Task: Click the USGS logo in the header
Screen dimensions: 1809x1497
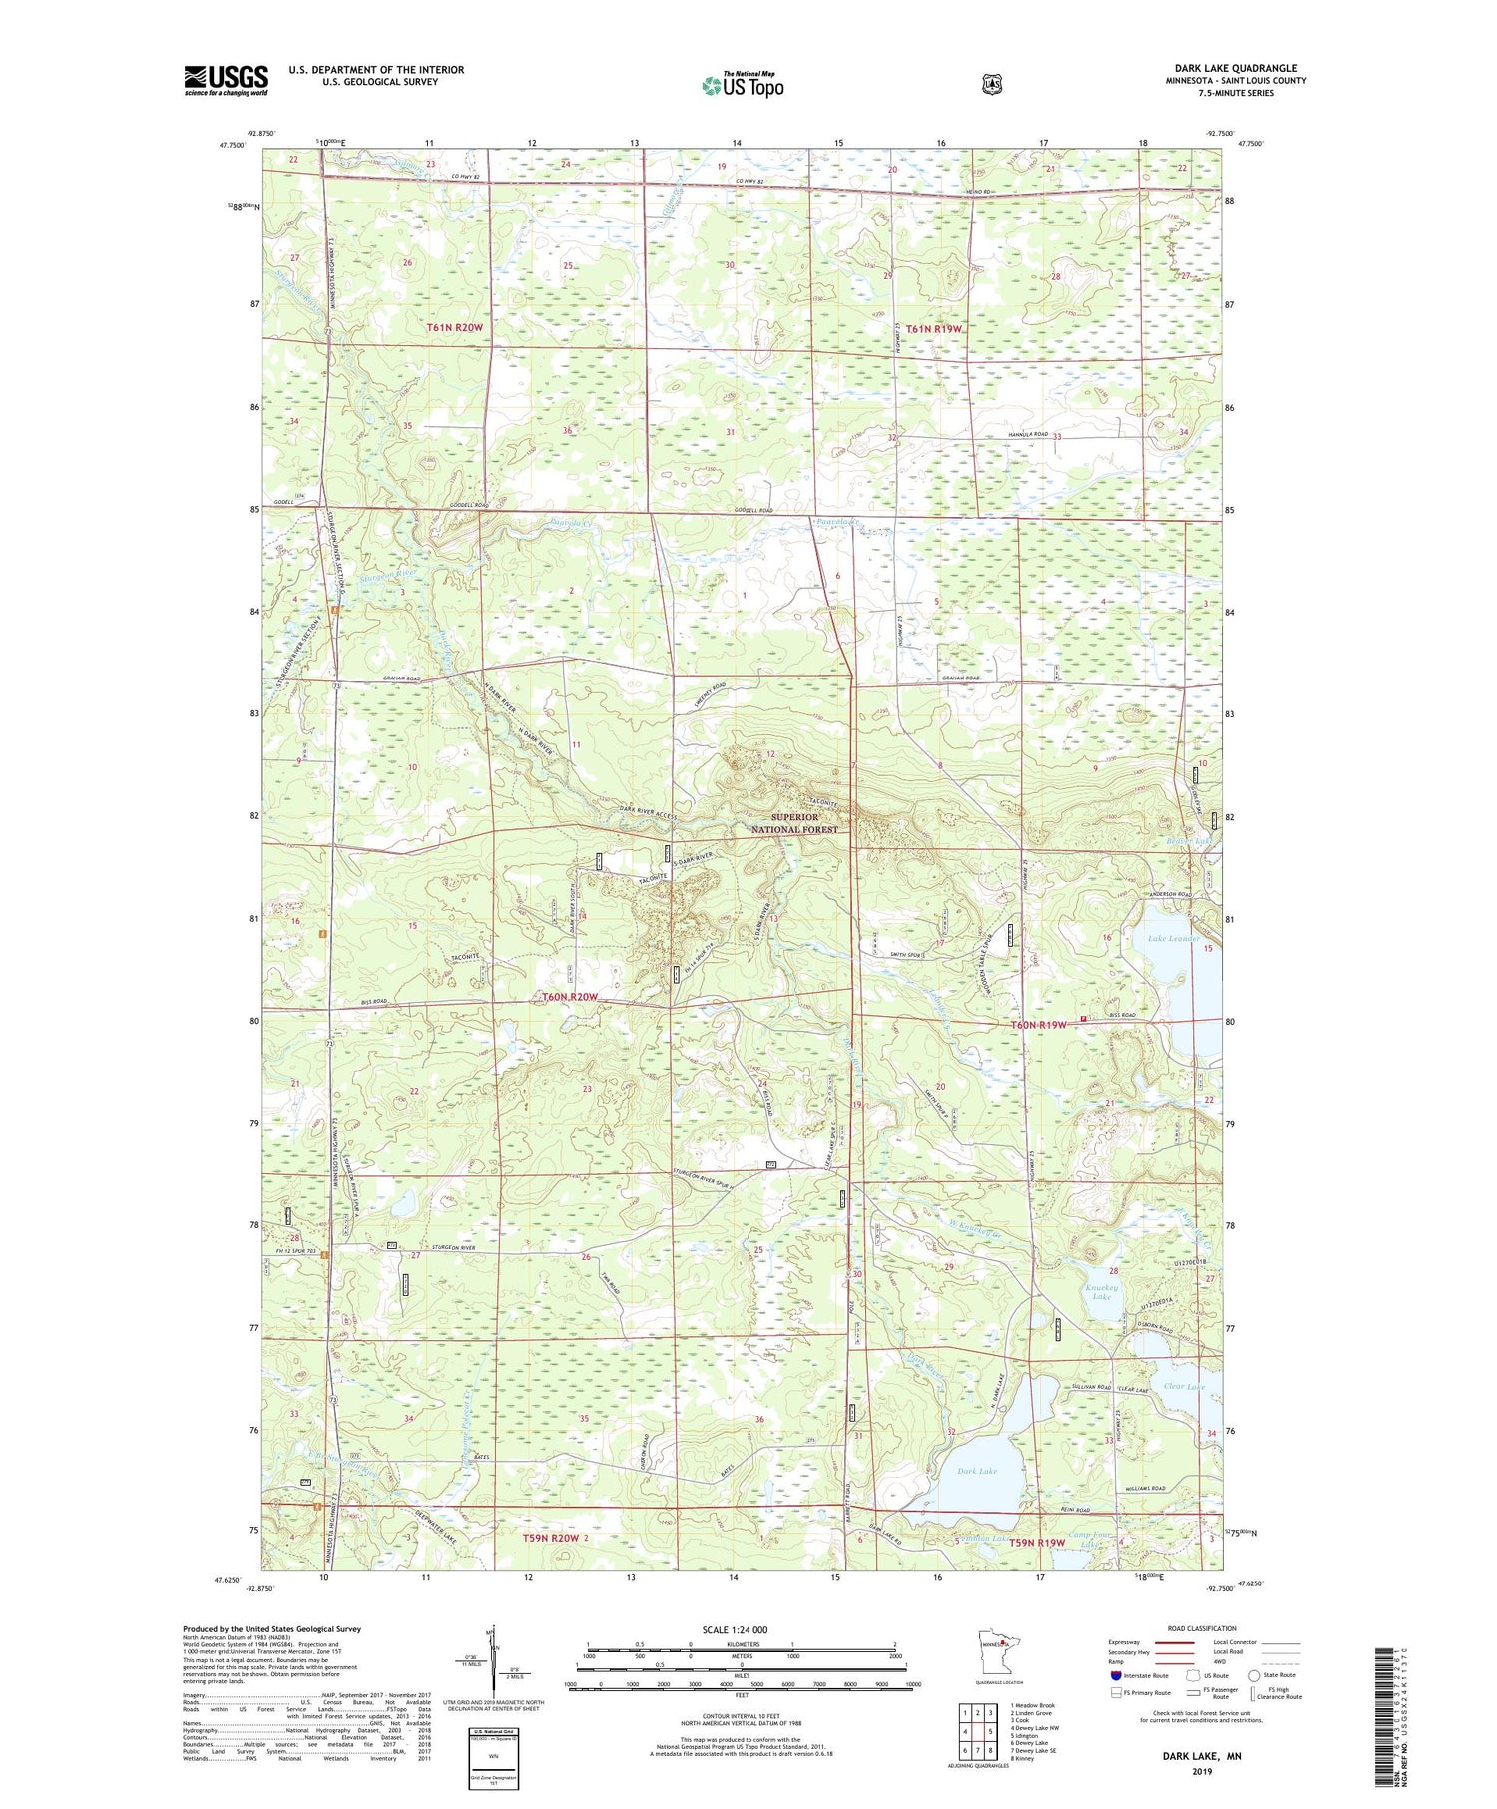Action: click(226, 80)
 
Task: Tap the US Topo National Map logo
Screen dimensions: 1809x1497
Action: click(743, 85)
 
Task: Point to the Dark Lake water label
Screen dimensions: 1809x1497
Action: click(976, 1471)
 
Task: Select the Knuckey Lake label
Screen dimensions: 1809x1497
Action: click(1099, 1293)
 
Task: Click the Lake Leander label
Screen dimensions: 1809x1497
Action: click(1173, 939)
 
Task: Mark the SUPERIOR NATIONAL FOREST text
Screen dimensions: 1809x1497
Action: click(794, 823)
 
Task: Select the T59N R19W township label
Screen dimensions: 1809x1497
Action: click(1037, 1542)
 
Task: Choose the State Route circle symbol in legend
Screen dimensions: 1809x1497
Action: click(1254, 1675)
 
